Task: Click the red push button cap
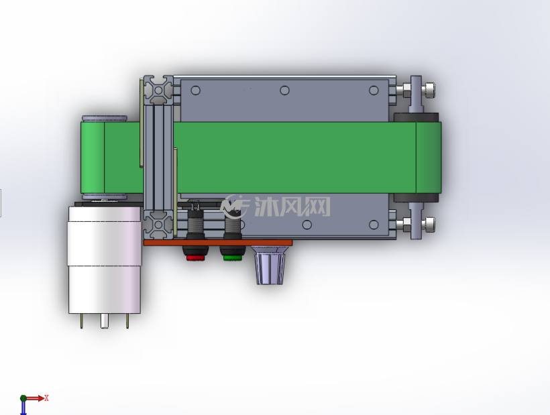click(x=195, y=258)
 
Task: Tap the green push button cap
click(x=233, y=258)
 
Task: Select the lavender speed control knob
click(x=270, y=265)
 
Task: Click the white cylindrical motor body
click(x=105, y=259)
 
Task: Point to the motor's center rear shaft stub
click(x=105, y=320)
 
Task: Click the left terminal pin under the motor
click(x=82, y=320)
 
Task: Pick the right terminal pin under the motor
click(x=127, y=320)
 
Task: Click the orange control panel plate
click(x=218, y=243)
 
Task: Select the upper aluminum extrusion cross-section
click(x=158, y=90)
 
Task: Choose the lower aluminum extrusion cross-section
click(x=158, y=225)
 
